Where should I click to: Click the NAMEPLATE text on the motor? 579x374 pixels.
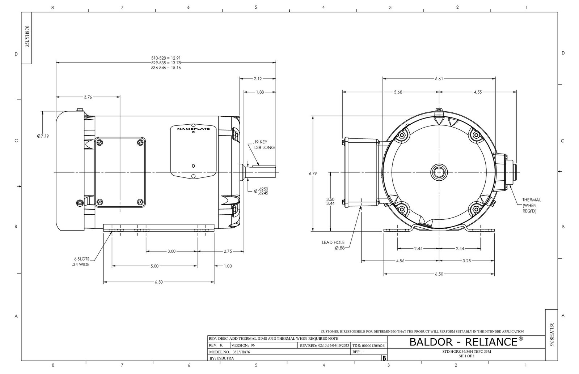[x=193, y=129]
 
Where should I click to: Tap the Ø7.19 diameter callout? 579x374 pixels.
[x=43, y=136]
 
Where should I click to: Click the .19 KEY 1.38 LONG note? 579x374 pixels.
[x=263, y=145]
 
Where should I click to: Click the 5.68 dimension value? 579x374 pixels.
[x=398, y=92]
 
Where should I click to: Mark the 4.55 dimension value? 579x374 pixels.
[x=477, y=92]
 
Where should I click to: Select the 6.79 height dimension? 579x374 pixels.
[x=313, y=174]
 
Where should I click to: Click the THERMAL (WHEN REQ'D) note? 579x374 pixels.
[x=531, y=205]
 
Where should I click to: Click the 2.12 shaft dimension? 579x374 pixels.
[x=258, y=78]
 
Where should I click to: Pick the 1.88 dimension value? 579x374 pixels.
[x=260, y=92]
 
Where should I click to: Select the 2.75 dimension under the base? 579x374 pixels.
[x=228, y=251]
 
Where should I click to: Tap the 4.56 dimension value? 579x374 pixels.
[x=400, y=261]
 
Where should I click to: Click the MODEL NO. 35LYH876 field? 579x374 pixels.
[x=230, y=352]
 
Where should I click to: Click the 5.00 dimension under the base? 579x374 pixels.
[x=154, y=266]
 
